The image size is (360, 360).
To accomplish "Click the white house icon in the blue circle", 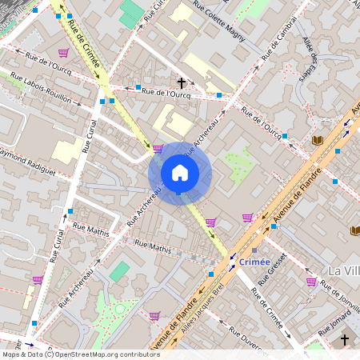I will pos(180,172).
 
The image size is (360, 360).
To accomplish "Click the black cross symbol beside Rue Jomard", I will pos(345,340).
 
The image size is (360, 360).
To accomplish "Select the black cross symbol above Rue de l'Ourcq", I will pos(182,82).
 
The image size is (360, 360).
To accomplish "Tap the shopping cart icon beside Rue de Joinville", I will pos(311,281).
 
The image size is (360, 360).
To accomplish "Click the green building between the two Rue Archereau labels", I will pos(119,270).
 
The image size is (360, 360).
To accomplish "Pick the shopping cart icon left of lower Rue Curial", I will pos(38,279).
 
